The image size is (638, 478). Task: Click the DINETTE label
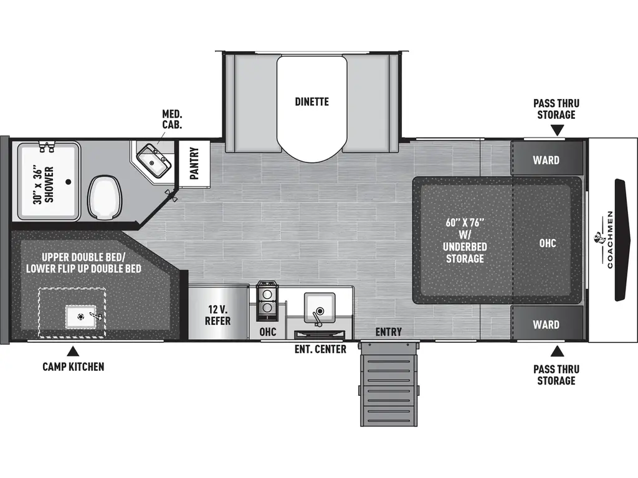click(312, 101)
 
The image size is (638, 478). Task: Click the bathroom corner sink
click(153, 160)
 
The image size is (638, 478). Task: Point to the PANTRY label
click(194, 162)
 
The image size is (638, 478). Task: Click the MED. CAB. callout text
click(172, 119)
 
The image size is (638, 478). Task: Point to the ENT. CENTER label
click(320, 349)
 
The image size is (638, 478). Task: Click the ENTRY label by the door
click(388, 332)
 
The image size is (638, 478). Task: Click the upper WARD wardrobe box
click(546, 160)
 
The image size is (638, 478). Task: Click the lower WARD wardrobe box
click(546, 324)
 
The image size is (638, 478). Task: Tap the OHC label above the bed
click(548, 243)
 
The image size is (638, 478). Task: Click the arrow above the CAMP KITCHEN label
click(74, 351)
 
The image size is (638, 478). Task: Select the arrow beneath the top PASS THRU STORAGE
click(556, 129)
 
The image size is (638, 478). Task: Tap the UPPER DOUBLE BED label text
click(83, 256)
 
